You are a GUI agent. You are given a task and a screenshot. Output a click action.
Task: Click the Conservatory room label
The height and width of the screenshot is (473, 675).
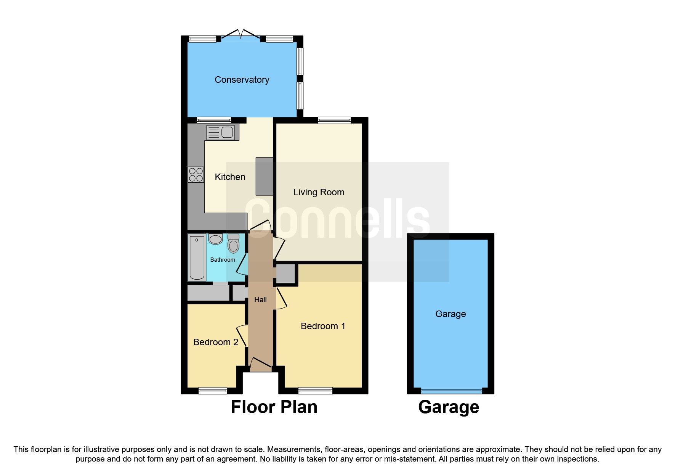coord(242,80)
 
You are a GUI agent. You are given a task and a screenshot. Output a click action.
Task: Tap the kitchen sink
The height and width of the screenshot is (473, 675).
coord(220,132)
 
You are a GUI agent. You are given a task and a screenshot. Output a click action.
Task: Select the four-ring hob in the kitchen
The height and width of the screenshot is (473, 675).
coord(196,175)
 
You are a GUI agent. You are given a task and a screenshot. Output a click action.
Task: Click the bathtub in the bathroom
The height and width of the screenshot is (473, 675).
coord(197,257)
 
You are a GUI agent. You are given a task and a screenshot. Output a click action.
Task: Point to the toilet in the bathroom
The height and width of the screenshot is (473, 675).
coord(233,244)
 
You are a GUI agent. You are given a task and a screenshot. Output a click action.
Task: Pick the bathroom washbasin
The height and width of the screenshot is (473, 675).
coord(215,239)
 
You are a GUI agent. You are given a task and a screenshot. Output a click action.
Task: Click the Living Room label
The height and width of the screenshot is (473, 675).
coord(319,192)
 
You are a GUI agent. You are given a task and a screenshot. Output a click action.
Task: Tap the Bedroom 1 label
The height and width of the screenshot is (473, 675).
coord(323,326)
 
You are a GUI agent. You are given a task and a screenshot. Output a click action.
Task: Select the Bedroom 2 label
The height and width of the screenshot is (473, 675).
coord(216,342)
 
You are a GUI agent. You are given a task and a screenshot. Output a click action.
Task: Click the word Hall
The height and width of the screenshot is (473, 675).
coord(260,300)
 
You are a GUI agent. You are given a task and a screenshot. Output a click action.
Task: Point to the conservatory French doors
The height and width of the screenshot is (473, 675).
coord(241,35)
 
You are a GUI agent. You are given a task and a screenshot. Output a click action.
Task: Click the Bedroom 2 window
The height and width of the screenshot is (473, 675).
coord(212,390)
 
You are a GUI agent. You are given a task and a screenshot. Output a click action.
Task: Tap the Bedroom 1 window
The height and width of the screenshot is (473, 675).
coord(315,390)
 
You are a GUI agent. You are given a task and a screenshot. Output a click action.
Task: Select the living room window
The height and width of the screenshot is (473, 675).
coord(334,121)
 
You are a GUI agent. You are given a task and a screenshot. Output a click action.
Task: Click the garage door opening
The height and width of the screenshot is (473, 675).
coord(451,391)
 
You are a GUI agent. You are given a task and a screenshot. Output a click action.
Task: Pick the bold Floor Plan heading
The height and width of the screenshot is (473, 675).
coord(274,407)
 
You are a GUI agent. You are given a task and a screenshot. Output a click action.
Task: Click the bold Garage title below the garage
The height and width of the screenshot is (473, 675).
coord(449,407)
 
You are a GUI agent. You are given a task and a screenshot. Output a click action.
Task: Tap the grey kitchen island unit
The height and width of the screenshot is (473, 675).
coord(264,176)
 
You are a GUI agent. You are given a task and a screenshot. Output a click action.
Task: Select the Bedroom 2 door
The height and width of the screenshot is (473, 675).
coord(242,336)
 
